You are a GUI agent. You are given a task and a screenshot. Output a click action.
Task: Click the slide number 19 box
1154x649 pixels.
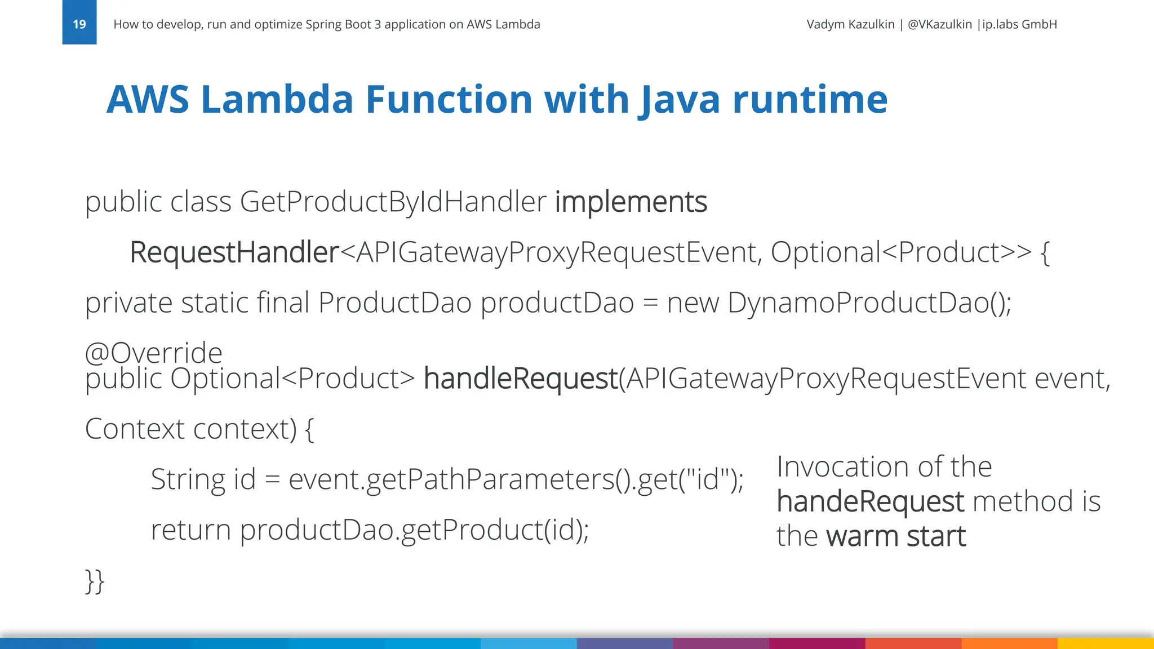pyautogui.click(x=79, y=23)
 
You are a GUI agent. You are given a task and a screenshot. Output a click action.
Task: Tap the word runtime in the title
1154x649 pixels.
pyautogui.click(x=810, y=100)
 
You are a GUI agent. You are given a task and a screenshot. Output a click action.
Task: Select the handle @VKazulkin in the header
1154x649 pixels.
pyautogui.click(x=939, y=24)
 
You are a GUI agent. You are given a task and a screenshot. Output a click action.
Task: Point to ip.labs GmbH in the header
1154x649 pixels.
pyautogui.click(x=1019, y=24)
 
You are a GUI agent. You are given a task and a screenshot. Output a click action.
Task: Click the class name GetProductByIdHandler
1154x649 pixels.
pyautogui.click(x=393, y=202)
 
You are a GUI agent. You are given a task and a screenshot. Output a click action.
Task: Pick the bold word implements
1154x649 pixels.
pyautogui.click(x=631, y=202)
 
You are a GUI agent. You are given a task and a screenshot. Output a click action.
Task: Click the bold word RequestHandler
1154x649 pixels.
pyautogui.click(x=234, y=252)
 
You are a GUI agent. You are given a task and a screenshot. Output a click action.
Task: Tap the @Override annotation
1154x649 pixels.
pyautogui.click(x=153, y=353)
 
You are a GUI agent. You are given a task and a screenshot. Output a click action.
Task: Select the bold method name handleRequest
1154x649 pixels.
pyautogui.click(x=521, y=378)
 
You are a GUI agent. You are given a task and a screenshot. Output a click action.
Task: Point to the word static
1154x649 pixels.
pyautogui.click(x=214, y=303)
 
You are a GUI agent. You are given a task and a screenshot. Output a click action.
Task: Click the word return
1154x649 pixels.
pyautogui.click(x=190, y=530)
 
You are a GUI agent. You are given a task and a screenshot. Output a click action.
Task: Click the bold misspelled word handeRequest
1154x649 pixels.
pyautogui.click(x=870, y=501)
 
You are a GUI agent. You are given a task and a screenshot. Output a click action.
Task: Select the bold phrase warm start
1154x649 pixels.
pyautogui.click(x=896, y=536)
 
